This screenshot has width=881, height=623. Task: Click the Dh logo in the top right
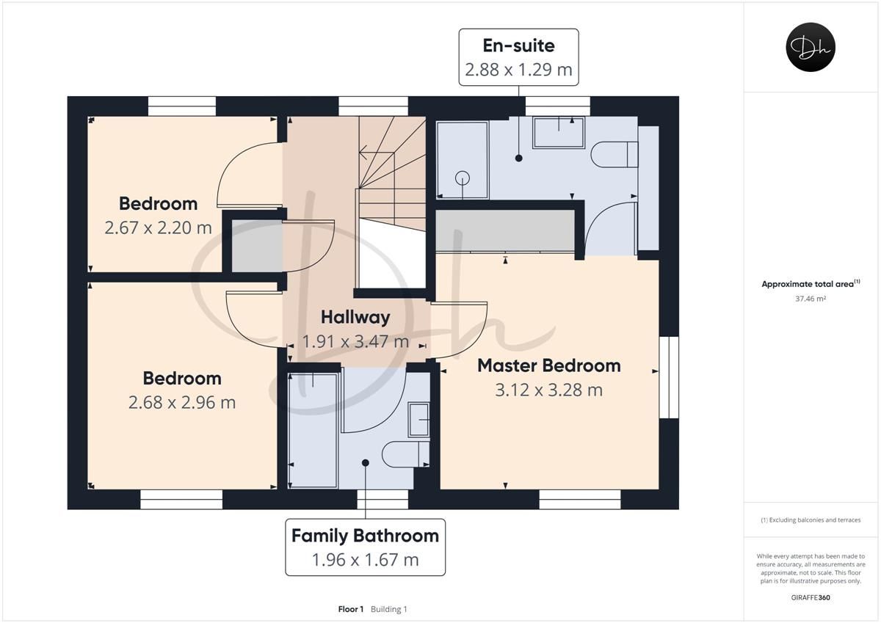click(811, 47)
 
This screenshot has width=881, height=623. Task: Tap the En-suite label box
click(518, 57)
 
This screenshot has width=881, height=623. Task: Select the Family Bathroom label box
click(365, 547)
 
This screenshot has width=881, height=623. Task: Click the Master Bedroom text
click(548, 365)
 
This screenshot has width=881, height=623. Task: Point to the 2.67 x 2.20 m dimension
click(158, 227)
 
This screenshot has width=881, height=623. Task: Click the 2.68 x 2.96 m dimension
click(181, 402)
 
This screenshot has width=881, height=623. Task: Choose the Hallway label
click(355, 317)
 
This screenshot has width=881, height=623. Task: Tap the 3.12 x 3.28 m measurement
click(548, 390)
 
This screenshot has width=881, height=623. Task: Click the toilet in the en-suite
click(614, 154)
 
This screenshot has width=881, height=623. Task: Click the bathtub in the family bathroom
click(313, 429)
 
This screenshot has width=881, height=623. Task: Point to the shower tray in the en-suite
click(462, 160)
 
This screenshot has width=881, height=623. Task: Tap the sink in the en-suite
click(559, 132)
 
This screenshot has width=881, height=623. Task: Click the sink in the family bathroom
click(419, 419)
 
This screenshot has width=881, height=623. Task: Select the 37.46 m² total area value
click(811, 299)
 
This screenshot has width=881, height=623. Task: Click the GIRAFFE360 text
click(811, 597)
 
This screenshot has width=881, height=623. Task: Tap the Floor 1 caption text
click(352, 609)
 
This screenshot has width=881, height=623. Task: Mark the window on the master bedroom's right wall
click(668, 377)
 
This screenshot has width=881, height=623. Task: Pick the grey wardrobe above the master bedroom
click(505, 231)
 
